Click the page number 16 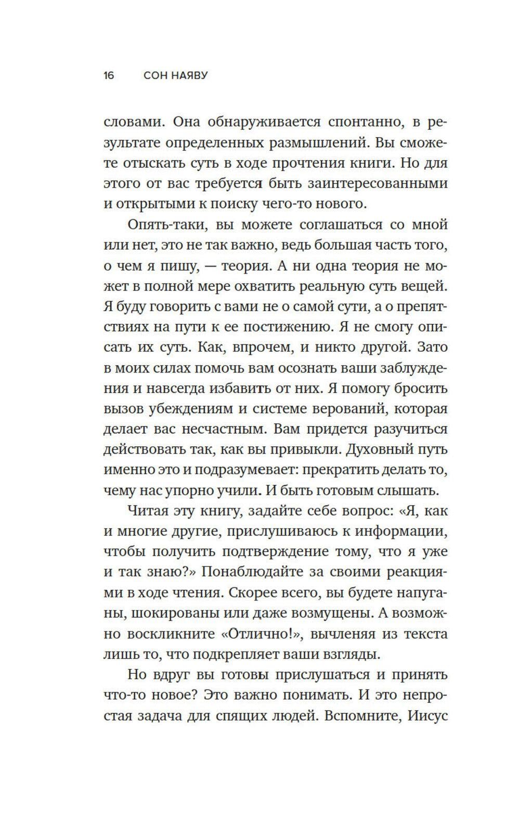(109, 76)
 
